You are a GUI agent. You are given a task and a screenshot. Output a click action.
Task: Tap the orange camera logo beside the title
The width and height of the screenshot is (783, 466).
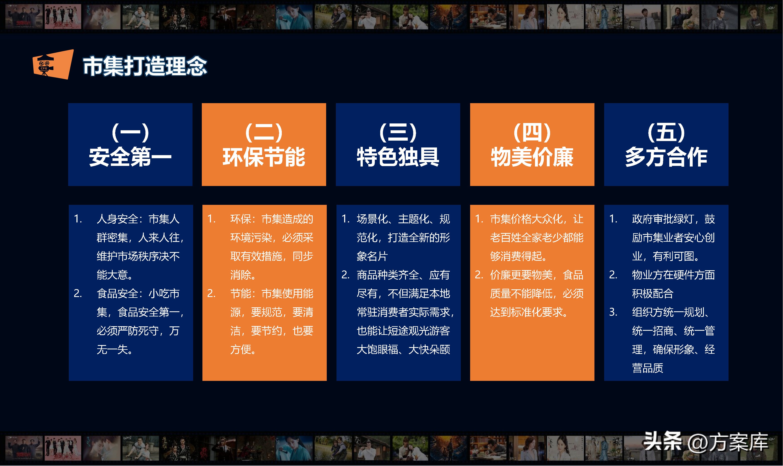53,64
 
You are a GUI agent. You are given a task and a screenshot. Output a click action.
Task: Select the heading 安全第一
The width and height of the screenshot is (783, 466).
130,157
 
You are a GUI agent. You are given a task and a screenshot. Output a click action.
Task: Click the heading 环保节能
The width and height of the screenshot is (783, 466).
264,157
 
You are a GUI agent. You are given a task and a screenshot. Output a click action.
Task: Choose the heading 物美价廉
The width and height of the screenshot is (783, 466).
532,157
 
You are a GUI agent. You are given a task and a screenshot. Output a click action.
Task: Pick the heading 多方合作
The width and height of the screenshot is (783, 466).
666,157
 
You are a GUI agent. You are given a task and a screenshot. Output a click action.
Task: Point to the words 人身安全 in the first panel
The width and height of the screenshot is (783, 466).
117,219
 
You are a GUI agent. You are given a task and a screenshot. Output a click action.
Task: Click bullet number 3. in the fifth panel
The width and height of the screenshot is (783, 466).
613,312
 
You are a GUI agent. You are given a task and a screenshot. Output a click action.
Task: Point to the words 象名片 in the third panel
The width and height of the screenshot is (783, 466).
372,256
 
